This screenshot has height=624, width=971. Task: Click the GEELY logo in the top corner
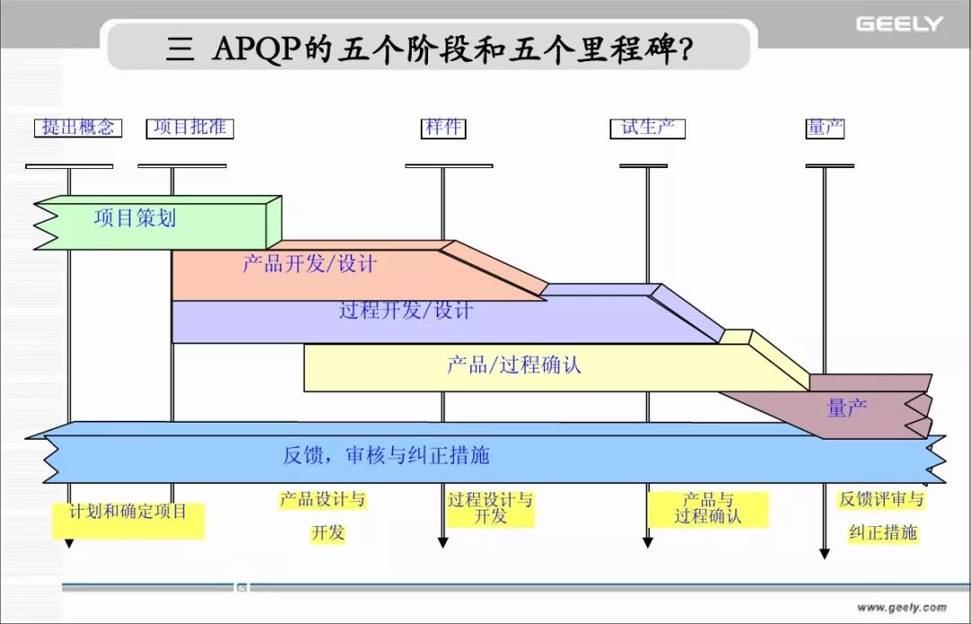(899, 24)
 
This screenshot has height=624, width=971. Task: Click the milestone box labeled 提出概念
(78, 129)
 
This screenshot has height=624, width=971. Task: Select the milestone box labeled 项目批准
(190, 129)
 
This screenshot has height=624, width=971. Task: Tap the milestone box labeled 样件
(443, 129)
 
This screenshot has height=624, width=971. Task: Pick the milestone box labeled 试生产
(647, 129)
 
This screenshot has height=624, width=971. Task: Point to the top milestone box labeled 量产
(825, 129)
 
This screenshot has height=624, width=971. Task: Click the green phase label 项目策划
(135, 218)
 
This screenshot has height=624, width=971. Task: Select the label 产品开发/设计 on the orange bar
(309, 264)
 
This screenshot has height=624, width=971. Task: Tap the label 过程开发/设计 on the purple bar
(405, 309)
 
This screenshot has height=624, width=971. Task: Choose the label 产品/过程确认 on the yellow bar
(514, 365)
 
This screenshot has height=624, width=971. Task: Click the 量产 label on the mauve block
(847, 408)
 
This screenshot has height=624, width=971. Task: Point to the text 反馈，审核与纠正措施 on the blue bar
(387, 456)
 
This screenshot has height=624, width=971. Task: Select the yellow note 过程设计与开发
(491, 508)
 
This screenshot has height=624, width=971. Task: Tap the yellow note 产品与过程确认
(708, 509)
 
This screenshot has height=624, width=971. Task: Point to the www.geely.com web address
(902, 607)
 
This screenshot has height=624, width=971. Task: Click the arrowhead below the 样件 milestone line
(442, 543)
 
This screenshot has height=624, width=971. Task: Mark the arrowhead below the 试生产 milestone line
(647, 543)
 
